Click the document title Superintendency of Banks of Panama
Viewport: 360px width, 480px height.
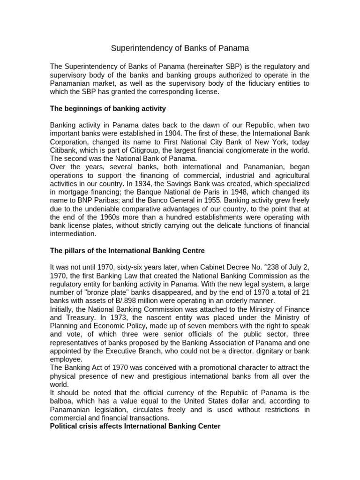point(180,48)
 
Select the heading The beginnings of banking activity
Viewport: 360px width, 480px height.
point(108,109)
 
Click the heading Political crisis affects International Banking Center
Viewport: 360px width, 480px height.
point(135,427)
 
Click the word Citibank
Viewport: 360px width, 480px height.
point(65,150)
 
